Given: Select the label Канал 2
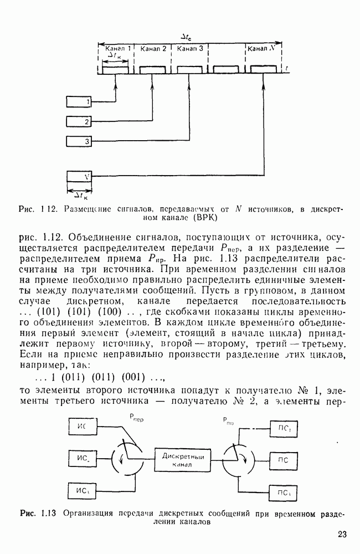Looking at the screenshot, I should point(153,48).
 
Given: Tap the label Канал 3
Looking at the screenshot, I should point(189,48).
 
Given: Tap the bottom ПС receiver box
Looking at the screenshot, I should point(285,492).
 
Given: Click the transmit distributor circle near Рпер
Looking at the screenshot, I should point(127,458).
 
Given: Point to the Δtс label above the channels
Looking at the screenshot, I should point(187,36).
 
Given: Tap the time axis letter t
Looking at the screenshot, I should point(287,68).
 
